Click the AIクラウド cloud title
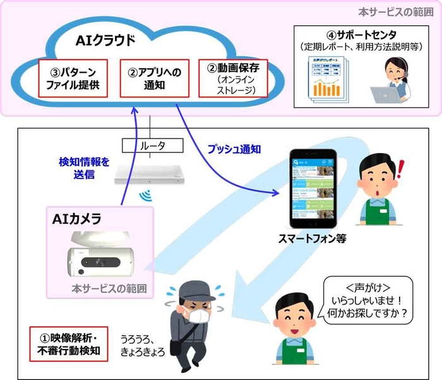point(105,40)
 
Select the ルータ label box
point(153,145)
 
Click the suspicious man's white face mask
point(201,315)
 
